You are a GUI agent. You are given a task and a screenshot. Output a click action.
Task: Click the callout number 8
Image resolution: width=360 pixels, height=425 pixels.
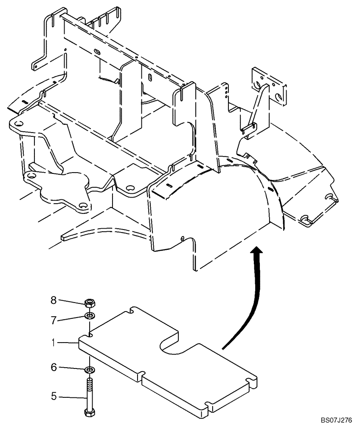[x=53, y=300]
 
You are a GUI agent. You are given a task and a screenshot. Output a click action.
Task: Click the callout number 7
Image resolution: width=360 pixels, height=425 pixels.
[x=53, y=320]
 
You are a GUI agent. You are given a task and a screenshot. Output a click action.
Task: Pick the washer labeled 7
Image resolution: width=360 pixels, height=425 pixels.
[x=90, y=316]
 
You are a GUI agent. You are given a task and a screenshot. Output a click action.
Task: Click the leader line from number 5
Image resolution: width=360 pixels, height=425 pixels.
[x=72, y=398]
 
